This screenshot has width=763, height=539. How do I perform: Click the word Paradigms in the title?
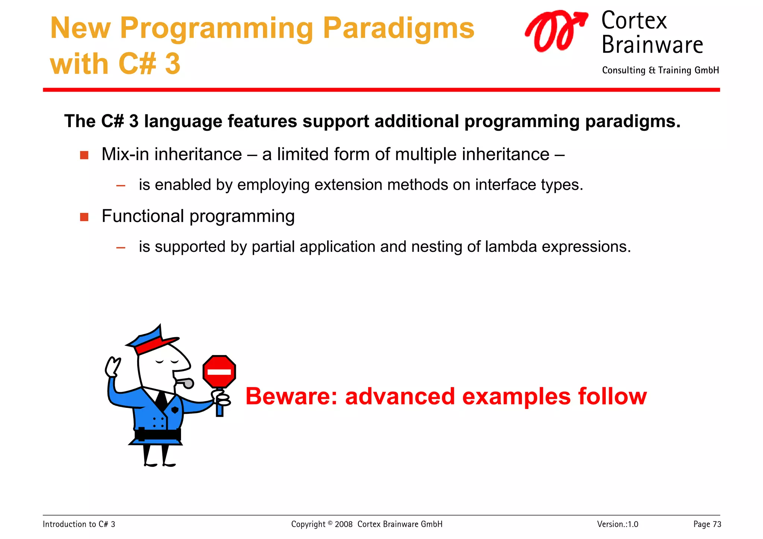(398, 29)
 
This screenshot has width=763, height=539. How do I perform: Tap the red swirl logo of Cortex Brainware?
(555, 31)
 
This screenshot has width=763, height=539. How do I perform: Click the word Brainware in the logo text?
(652, 45)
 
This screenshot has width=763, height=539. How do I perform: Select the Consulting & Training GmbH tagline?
(660, 70)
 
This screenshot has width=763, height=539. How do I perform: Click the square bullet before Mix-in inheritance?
(84, 155)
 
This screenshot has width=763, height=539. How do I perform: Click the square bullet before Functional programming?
(84, 217)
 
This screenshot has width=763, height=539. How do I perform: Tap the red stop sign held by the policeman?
(219, 371)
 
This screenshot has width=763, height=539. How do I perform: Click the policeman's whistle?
(186, 383)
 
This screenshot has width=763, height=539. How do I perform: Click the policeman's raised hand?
(113, 367)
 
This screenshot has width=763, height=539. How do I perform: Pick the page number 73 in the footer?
(717, 524)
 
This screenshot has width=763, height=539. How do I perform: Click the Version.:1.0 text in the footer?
(617, 524)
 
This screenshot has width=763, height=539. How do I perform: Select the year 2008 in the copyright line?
(343, 524)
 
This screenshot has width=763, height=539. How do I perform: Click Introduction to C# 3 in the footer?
(79, 524)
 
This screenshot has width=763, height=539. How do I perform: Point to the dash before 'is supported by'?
(120, 247)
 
